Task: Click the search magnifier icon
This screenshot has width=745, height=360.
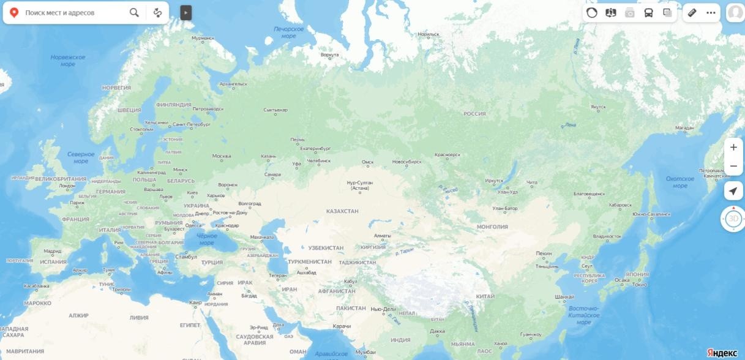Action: click(134, 12)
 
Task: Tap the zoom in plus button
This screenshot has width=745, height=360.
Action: click(733, 147)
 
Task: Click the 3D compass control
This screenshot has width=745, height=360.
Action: click(733, 219)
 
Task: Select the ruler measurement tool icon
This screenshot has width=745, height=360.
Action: click(692, 12)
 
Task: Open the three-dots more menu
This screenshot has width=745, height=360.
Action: click(711, 12)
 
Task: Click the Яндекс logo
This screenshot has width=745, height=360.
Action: click(722, 353)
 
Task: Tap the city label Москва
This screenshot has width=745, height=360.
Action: click(221, 156)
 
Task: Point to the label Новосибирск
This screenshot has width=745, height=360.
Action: click(406, 162)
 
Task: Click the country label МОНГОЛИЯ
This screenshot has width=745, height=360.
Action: click(492, 227)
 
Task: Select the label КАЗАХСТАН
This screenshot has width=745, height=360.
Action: click(342, 211)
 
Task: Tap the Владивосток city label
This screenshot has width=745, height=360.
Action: click(607, 236)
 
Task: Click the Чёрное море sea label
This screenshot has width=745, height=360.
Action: click(207, 239)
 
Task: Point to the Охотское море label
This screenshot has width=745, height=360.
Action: click(680, 182)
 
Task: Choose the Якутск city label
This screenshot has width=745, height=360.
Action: click(598, 107)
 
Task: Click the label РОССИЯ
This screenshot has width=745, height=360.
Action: click(474, 114)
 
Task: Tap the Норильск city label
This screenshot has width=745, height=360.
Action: click(429, 34)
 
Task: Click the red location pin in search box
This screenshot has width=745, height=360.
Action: click(14, 12)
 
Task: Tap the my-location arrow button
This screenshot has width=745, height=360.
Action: click(733, 191)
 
